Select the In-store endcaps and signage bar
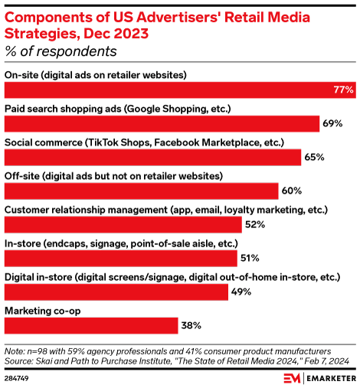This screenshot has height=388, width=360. [122, 258]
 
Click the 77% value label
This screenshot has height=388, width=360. [343, 90]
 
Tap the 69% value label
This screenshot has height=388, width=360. [332, 123]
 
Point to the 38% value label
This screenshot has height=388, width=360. [191, 325]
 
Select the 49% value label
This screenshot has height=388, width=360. [241, 292]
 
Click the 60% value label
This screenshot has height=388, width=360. [291, 191]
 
